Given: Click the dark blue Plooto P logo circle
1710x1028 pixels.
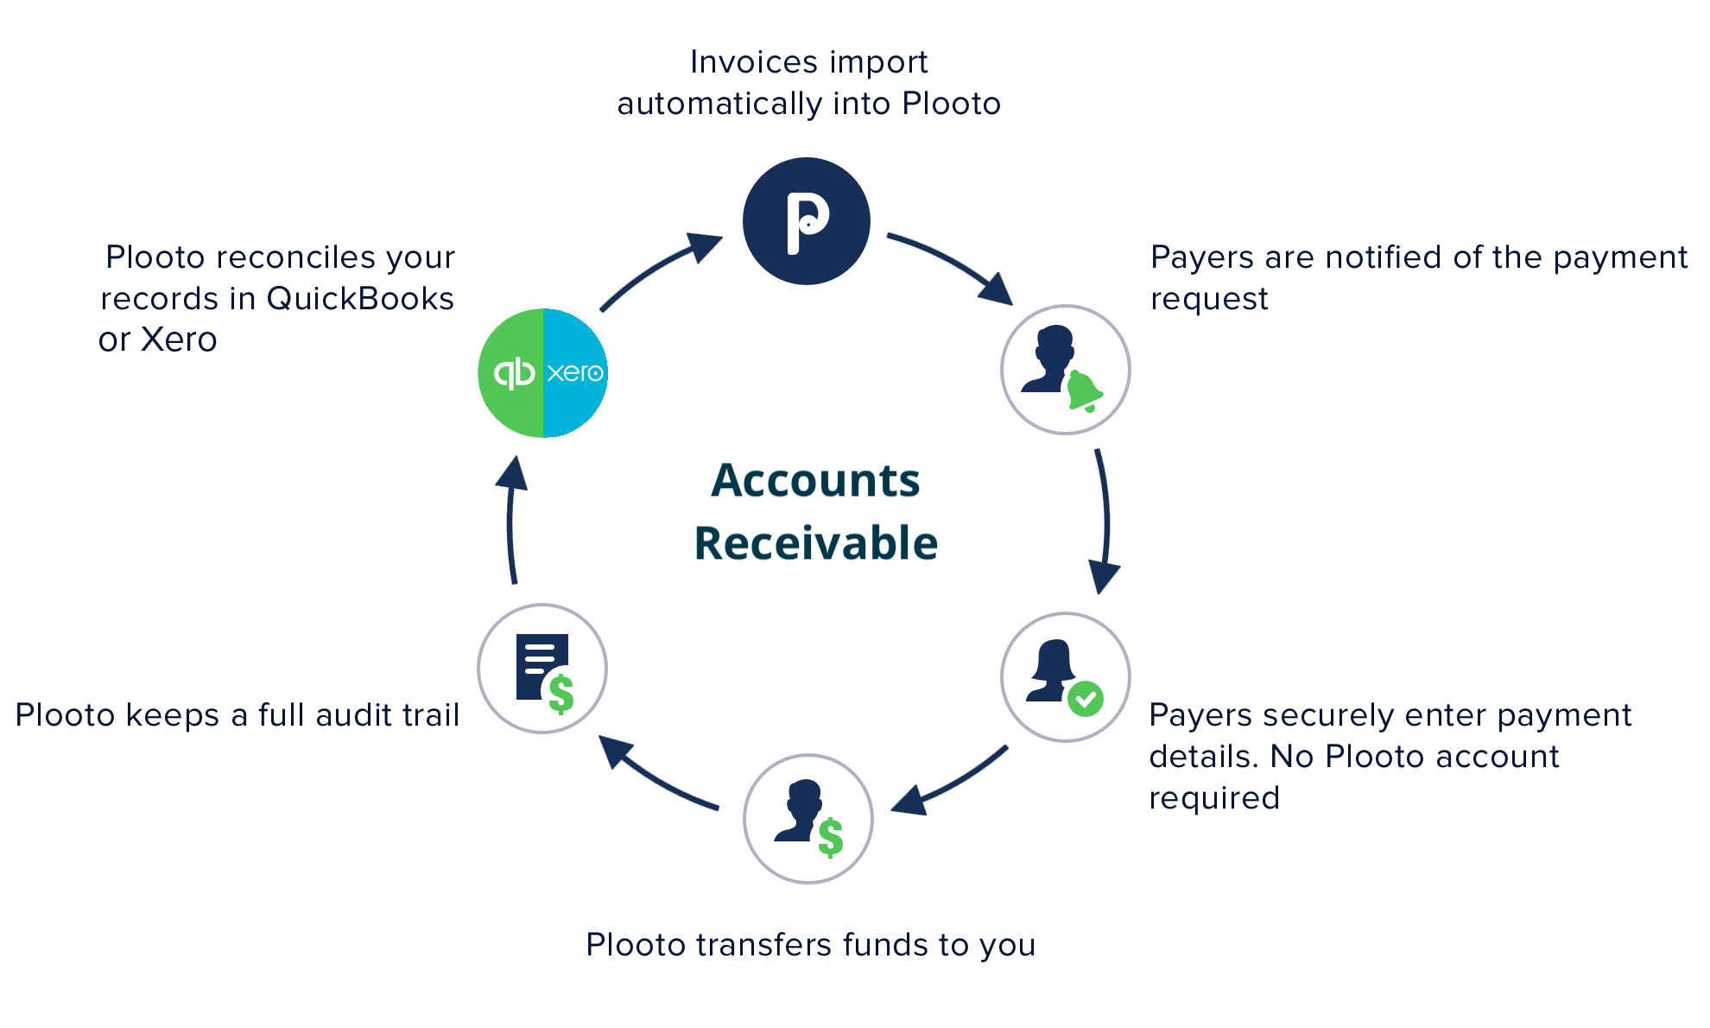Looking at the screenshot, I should click(x=806, y=221).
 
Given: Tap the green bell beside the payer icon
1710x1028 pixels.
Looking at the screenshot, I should click(x=1083, y=390).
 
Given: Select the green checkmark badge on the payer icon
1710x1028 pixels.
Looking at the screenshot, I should click(x=1085, y=698).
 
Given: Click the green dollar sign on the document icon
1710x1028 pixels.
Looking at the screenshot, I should click(x=561, y=694).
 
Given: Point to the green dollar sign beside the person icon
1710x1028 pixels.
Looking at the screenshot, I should click(x=831, y=837).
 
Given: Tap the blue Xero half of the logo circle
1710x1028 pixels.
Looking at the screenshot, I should click(x=575, y=373).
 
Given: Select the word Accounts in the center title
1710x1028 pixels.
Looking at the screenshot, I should click(x=815, y=480).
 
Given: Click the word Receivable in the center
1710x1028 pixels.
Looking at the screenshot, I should click(x=815, y=543).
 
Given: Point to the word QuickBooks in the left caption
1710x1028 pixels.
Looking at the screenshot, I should click(x=360, y=299).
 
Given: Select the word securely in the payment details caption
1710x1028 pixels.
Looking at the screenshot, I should click(x=1317, y=715).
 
